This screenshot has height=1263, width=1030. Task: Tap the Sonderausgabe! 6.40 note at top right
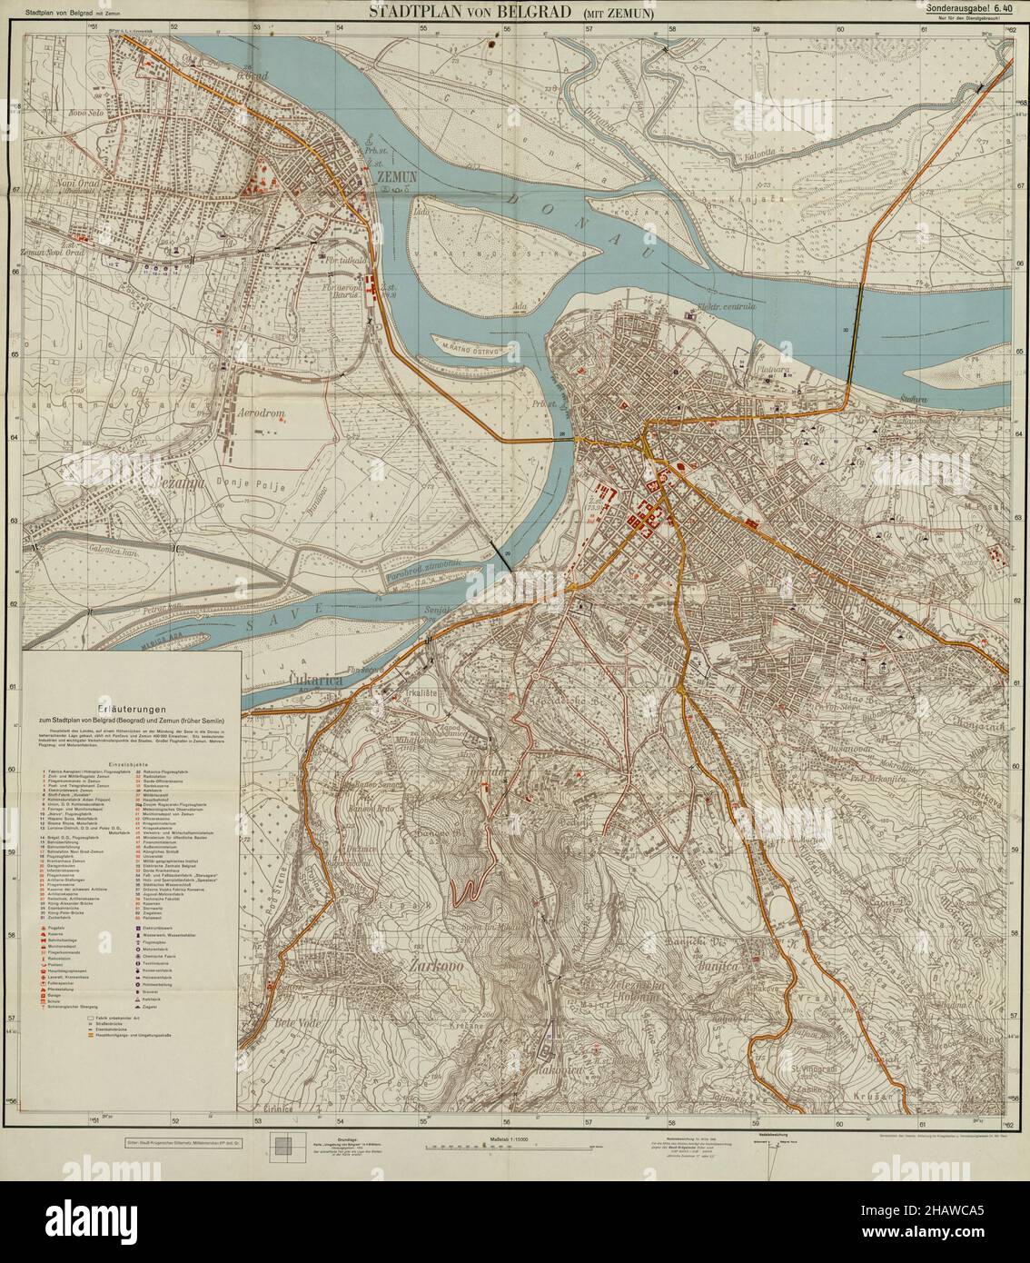pos(968,8)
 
